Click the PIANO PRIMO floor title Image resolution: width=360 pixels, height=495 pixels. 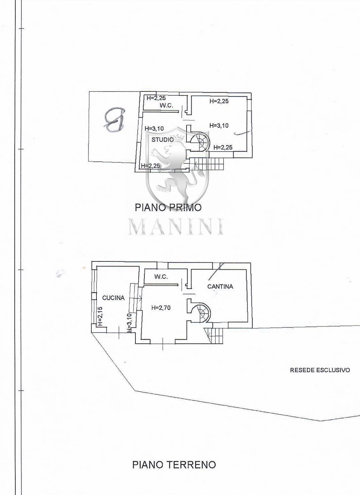point(168,207)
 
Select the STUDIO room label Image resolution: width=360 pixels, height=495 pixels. point(163,139)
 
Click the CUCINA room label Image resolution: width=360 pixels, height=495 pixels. point(113,298)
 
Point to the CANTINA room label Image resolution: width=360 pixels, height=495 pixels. point(220,286)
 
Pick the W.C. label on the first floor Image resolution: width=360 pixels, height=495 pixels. point(166,106)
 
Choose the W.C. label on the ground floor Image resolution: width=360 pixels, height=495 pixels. point(161,276)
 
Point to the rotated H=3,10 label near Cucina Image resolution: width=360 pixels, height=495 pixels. point(130,323)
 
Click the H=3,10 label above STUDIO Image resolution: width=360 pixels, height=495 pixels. point(154,128)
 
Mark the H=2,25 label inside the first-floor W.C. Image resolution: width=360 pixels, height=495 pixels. point(156,98)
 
